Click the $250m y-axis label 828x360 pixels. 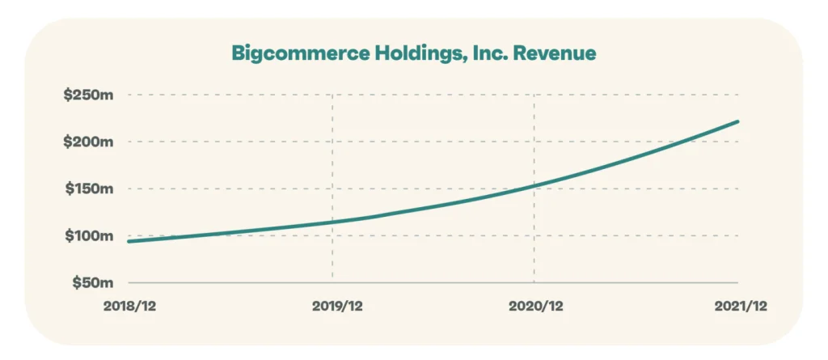(88, 95)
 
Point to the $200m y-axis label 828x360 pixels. (88, 142)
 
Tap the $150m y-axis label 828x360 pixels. (88, 188)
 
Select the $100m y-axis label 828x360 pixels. (88, 235)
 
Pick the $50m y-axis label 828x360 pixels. (91, 282)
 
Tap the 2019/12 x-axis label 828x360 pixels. (332, 306)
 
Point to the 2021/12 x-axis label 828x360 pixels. (737, 306)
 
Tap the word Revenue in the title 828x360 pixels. (556, 53)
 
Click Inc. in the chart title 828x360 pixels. (482, 53)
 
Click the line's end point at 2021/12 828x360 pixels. (737, 122)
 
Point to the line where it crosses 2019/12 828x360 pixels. (332, 222)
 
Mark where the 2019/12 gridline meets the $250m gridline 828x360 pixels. (332, 95)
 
